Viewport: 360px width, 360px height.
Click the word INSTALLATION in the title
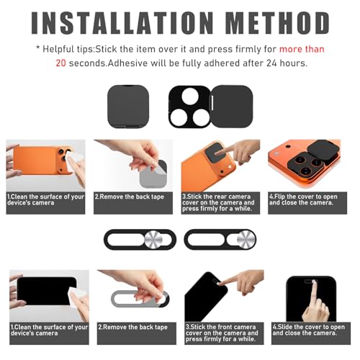[122, 22]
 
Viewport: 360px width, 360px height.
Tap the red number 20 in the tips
[60, 63]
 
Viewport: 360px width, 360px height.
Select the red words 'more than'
[302, 49]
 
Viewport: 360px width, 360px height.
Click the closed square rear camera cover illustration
[128, 107]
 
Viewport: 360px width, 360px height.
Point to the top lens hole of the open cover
[190, 96]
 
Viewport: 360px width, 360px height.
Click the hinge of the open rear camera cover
[212, 103]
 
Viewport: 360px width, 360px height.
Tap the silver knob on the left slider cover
[153, 240]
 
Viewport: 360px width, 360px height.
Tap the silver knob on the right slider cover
[246, 240]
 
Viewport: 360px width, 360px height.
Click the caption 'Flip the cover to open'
[303, 197]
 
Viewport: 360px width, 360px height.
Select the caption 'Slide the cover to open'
[309, 327]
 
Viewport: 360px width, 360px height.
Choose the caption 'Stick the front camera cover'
[222, 330]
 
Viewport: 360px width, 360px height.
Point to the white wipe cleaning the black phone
[78, 297]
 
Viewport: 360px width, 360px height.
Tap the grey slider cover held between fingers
[140, 299]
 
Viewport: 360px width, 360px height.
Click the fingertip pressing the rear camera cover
[217, 153]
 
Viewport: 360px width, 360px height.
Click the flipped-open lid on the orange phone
[324, 149]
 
